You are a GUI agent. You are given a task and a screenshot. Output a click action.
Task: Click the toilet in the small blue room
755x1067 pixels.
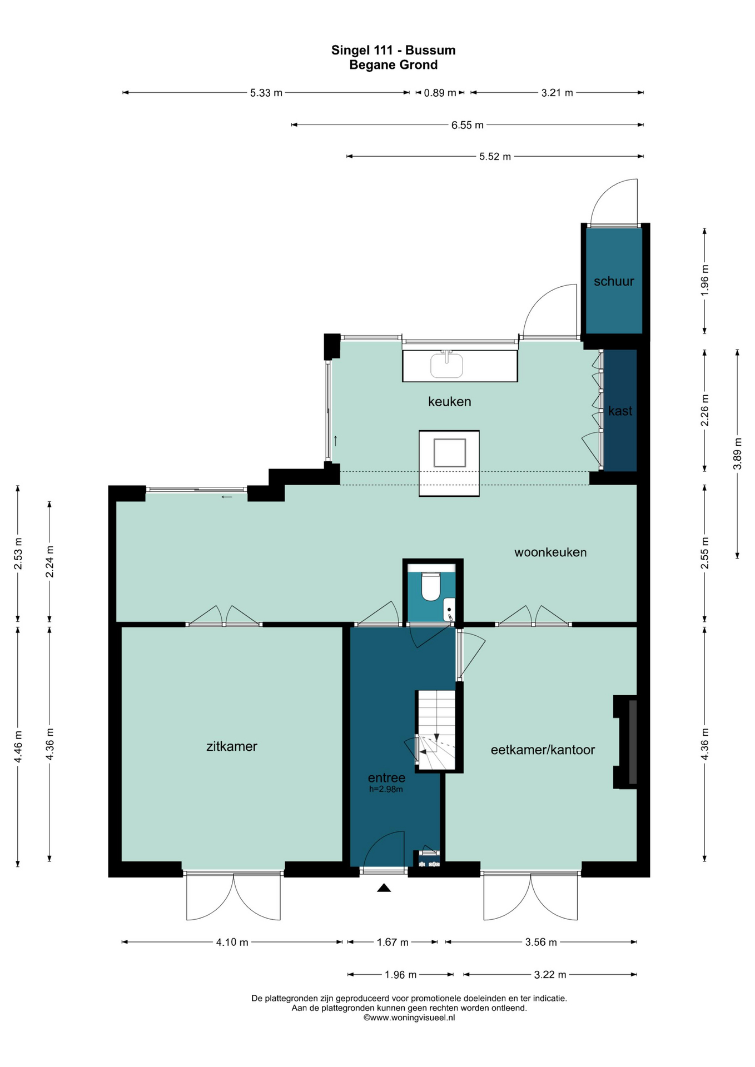(430, 586)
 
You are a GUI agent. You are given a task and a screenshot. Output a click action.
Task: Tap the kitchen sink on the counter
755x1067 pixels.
(446, 365)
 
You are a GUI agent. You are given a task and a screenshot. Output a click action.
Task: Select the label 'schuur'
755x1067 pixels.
(614, 281)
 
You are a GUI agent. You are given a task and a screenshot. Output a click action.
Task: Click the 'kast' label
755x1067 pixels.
(620, 411)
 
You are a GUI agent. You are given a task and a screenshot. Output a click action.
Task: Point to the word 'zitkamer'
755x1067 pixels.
(232, 746)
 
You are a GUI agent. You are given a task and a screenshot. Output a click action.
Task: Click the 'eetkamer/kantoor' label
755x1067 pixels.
(543, 750)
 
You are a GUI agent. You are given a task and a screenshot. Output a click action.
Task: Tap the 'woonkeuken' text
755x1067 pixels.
(550, 552)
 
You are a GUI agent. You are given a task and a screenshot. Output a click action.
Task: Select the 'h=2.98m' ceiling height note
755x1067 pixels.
(386, 789)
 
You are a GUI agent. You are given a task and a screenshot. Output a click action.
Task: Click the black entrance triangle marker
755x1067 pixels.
(384, 888)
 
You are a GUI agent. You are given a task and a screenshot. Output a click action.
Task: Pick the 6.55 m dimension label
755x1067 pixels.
(467, 125)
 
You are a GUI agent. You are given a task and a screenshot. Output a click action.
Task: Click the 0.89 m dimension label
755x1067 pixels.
(440, 93)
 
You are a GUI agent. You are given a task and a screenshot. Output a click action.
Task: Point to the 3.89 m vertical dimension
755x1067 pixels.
(737, 453)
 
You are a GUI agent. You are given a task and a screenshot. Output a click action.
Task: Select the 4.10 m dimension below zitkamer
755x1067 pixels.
(232, 942)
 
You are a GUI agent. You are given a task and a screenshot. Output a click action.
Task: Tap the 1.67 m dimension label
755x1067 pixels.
(393, 942)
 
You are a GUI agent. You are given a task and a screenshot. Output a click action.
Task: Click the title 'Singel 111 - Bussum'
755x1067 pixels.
(393, 50)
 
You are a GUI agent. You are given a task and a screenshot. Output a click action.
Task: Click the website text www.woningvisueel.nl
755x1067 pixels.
(409, 1018)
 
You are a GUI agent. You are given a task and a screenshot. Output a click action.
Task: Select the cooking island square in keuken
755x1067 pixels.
(449, 452)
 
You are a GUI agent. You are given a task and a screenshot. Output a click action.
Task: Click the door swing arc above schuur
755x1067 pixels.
(614, 201)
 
